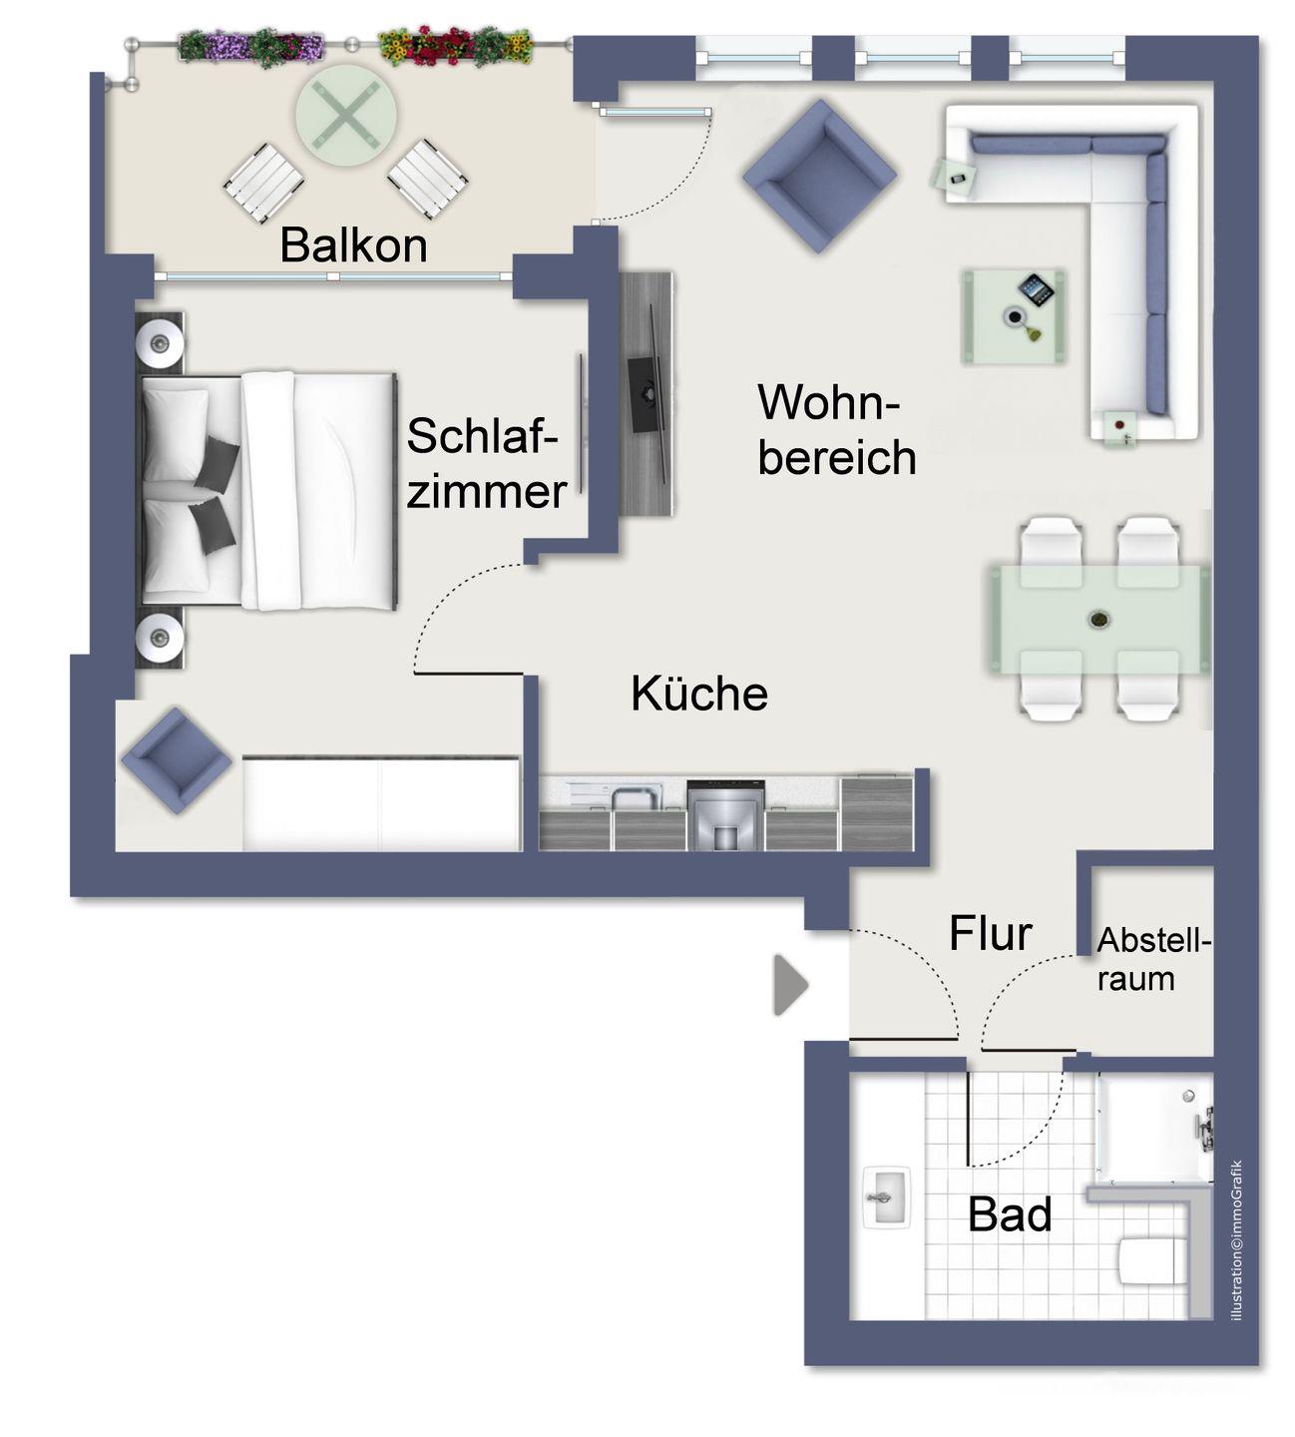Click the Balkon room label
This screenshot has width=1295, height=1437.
pyautogui.click(x=353, y=245)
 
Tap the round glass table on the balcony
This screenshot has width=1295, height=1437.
pyautogui.click(x=346, y=116)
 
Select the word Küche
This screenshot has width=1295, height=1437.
pyautogui.click(x=699, y=694)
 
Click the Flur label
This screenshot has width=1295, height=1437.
pyautogui.click(x=990, y=933)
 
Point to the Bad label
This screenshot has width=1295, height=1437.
pyautogui.click(x=1010, y=1214)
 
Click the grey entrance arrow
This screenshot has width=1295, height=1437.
pyautogui.click(x=791, y=985)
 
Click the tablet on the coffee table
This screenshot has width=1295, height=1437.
pyautogui.click(x=1036, y=289)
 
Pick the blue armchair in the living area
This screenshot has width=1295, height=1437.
pyautogui.click(x=819, y=176)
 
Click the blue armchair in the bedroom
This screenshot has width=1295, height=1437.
pyautogui.click(x=176, y=760)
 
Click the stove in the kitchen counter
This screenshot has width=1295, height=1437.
pyautogui.click(x=725, y=815)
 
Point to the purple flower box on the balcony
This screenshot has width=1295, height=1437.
pyautogui.click(x=250, y=47)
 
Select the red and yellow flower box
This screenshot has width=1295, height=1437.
pyautogui.click(x=455, y=45)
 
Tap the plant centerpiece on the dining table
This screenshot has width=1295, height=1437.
pyautogui.click(x=1098, y=619)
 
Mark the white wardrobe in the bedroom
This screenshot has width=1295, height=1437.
pyautogui.click(x=382, y=803)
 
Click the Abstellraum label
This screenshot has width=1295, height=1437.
pyautogui.click(x=1152, y=960)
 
